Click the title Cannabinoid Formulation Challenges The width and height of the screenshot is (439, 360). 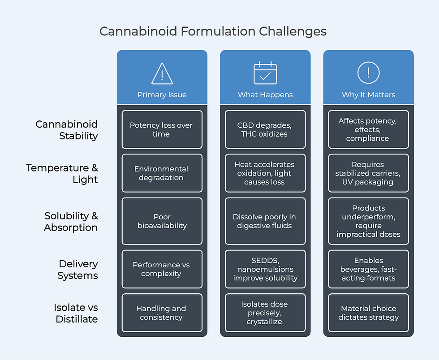coord(213,32)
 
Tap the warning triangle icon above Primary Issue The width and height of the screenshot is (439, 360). coord(162,73)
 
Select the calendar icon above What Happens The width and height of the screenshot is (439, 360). coord(265,73)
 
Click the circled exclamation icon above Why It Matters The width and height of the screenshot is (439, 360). coord(368,73)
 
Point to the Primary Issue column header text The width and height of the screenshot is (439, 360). coord(162,94)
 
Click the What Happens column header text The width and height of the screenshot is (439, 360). coord(265,94)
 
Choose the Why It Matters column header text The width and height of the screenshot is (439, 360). coord(368,94)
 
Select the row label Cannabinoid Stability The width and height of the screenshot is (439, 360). coord(66,130)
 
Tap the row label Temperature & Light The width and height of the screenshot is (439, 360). coord(61,173)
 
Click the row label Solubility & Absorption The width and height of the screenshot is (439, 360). coord(70,221)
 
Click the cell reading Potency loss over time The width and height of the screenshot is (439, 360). coord(162,129)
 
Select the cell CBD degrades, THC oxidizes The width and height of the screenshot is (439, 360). coord(265,129)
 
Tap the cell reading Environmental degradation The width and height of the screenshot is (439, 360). coord(162,173)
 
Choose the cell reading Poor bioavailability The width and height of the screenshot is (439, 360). coord(162,221)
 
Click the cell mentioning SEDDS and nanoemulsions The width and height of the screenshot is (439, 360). coord(265,269)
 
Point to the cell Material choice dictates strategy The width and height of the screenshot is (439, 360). coord(368,313)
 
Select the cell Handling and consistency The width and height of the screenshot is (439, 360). coord(162,313)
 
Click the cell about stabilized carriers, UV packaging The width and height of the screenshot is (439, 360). coord(368,173)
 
